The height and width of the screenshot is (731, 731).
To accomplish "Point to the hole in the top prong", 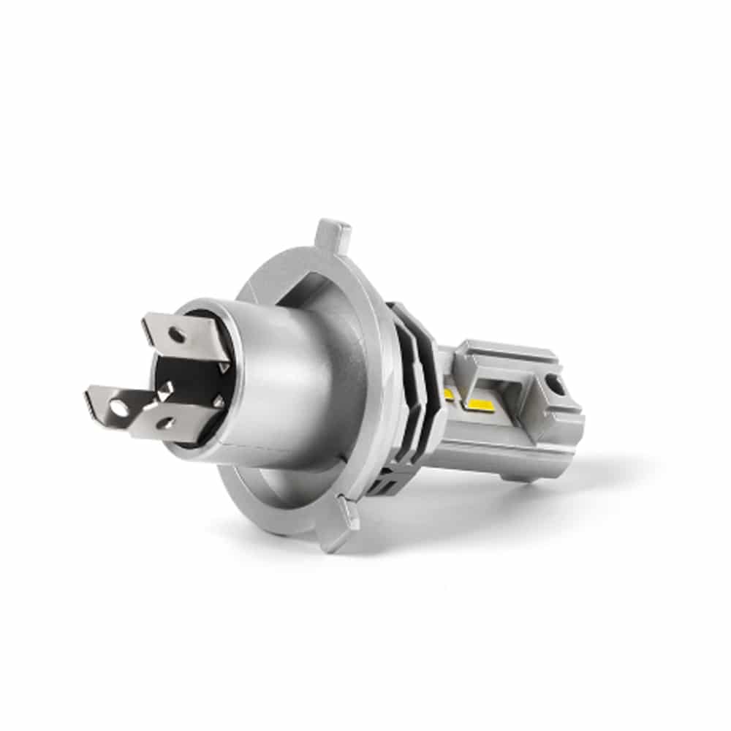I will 176,336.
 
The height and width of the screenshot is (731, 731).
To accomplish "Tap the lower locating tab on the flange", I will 338,520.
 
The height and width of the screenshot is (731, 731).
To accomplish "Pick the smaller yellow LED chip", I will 448,395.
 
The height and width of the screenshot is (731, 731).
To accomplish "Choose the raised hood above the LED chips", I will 504,358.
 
